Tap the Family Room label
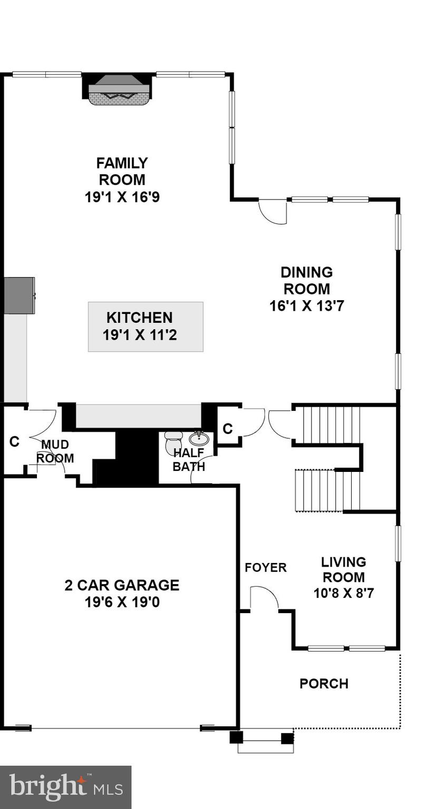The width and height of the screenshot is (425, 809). (x=122, y=171)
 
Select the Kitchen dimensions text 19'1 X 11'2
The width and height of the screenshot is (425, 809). (x=139, y=334)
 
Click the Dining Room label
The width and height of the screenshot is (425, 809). (x=306, y=281)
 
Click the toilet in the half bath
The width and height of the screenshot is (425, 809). (x=173, y=442)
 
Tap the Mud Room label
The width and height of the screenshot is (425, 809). (x=55, y=451)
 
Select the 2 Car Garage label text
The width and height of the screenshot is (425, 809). (x=122, y=585)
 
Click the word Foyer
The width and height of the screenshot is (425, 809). (x=266, y=567)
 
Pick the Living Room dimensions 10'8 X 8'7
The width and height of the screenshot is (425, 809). (x=343, y=593)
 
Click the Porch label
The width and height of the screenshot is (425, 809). (x=324, y=684)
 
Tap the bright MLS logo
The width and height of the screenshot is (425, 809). (x=65, y=787)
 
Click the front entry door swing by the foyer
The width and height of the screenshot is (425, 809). (x=264, y=598)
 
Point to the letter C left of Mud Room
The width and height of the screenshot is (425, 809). (x=14, y=441)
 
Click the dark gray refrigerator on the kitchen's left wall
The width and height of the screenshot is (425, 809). (x=19, y=295)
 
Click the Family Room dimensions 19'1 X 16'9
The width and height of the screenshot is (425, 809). (x=122, y=197)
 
